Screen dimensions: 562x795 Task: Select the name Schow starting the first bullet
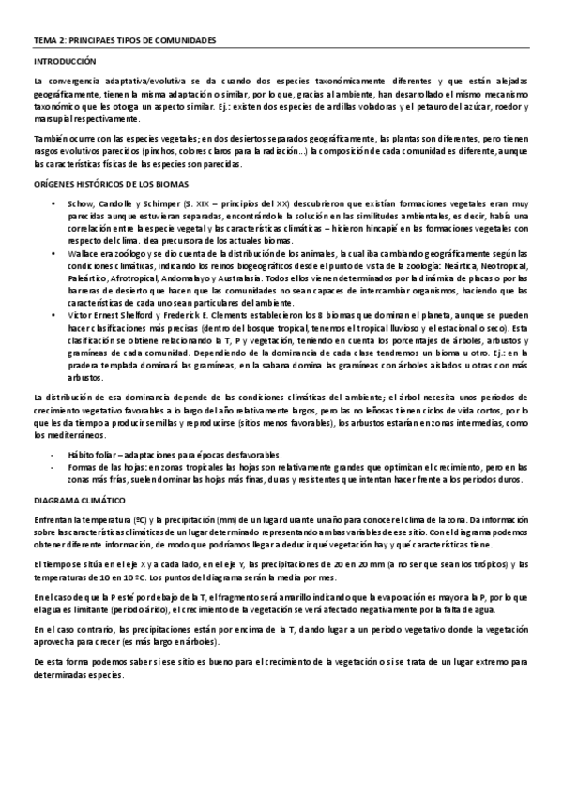point(79,202)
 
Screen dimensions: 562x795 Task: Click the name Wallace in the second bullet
point(82,253)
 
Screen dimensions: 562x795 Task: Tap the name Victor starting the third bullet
point(79,316)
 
